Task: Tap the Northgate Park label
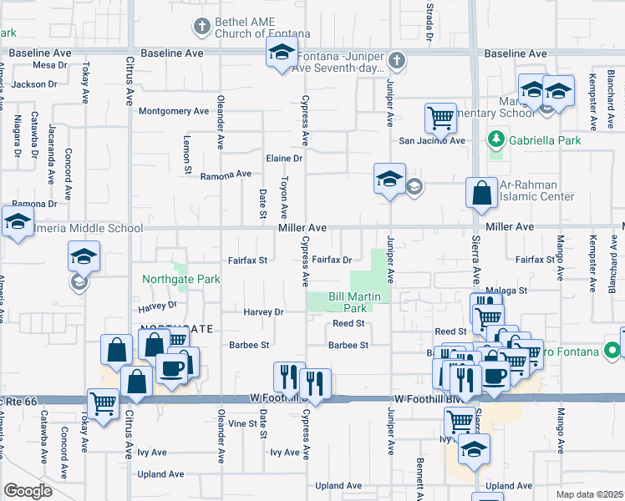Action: coord(181,279)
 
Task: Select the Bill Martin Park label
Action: coord(354,302)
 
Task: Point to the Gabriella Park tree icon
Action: coord(497,139)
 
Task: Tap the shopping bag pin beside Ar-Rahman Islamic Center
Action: coord(481,194)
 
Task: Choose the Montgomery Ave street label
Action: coord(173,111)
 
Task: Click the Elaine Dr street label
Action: coord(283,158)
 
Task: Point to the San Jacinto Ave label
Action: coord(431,140)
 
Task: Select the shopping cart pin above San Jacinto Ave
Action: coord(440,118)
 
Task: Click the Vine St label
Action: coord(242,424)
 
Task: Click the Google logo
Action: coord(28,491)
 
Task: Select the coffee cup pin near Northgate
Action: coord(173,368)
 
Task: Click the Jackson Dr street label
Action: coord(34,84)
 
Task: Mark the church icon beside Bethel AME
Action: coord(201,27)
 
